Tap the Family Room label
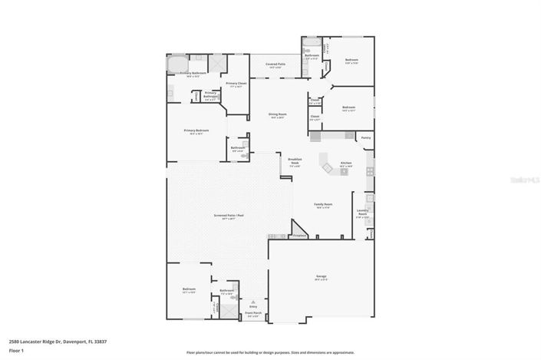click(323, 205)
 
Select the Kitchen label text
click(346, 163)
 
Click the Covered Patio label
click(275, 65)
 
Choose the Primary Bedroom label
click(196, 130)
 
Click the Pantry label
click(366, 138)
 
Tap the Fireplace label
click(300, 235)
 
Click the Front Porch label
click(253, 313)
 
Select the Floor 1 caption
click(17, 351)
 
